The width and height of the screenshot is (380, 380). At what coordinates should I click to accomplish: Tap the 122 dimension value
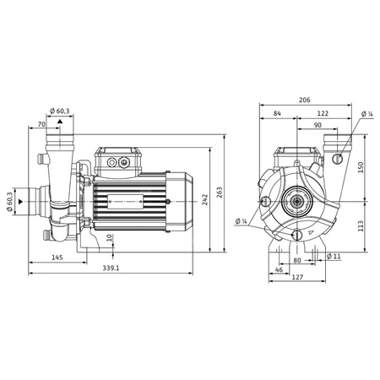[323, 114]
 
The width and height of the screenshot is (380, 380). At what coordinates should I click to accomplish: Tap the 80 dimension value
[296, 261]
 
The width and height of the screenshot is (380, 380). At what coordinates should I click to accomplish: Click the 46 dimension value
[279, 270]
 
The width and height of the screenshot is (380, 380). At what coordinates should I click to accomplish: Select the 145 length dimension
[57, 257]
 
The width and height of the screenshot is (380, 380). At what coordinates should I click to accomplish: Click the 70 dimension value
[42, 124]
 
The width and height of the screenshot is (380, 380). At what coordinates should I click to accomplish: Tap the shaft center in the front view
[296, 202]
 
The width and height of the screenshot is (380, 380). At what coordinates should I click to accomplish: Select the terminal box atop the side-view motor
[117, 160]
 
